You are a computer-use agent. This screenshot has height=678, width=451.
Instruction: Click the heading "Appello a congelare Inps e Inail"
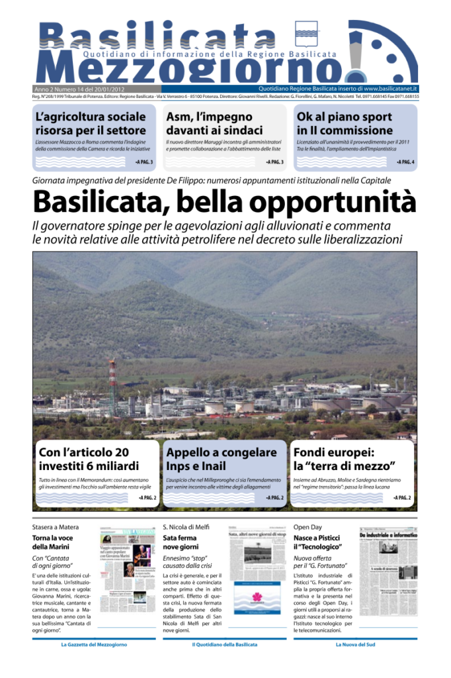tap(222, 459)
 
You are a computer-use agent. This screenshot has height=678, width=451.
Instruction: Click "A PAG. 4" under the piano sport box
tap(405, 162)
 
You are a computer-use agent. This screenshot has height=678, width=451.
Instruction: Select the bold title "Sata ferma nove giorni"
tap(180, 542)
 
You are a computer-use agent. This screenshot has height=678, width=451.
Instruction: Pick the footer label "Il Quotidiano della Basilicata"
tap(224, 644)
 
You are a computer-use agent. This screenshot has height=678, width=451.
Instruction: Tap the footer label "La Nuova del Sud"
tap(356, 644)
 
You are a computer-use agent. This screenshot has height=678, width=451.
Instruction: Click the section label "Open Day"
tap(307, 526)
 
